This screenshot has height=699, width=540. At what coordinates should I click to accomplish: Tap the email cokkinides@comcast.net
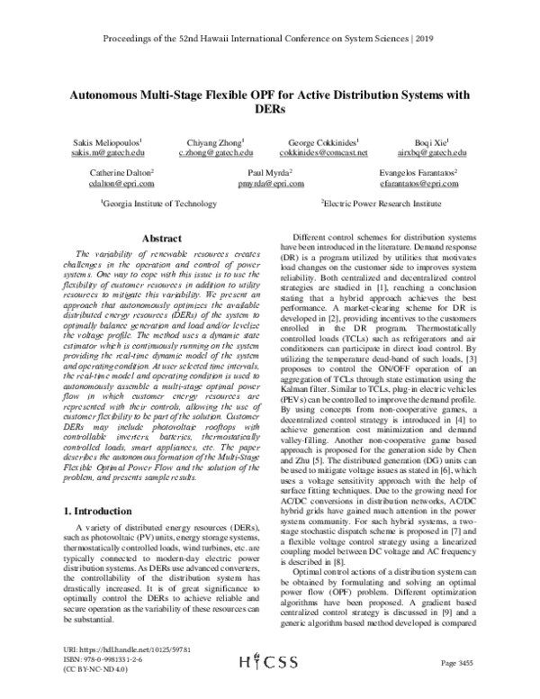click(323, 155)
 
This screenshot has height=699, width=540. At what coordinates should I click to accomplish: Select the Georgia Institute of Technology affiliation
click(152, 204)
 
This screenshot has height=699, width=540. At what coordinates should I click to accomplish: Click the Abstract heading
click(163, 239)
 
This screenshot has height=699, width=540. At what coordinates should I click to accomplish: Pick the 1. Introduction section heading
click(103, 512)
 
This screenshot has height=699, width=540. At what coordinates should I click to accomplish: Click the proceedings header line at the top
click(270, 39)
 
